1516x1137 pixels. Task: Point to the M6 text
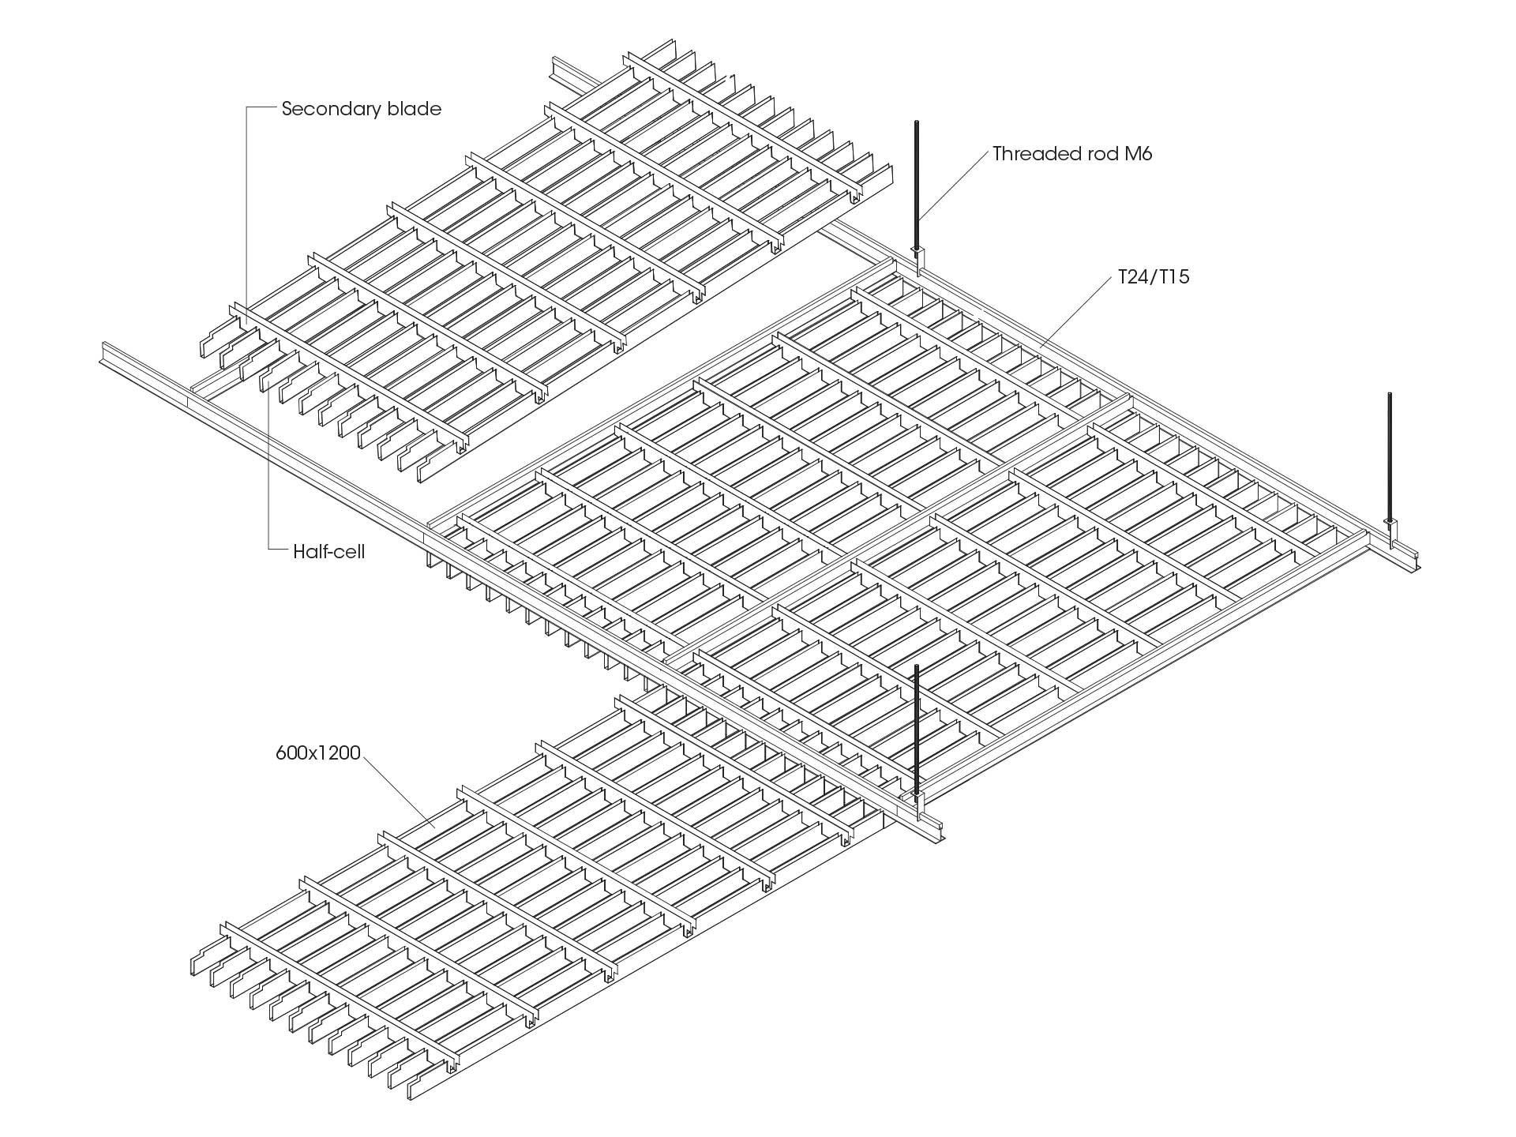click(x=1138, y=154)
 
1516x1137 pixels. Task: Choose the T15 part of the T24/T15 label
click(x=1173, y=277)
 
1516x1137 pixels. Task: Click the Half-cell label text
click(x=328, y=551)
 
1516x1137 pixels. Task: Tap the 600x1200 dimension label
click(x=317, y=753)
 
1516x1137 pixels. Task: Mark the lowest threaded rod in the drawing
click(x=917, y=726)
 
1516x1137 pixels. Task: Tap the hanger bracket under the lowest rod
click(x=917, y=797)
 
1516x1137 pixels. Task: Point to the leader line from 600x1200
click(x=399, y=790)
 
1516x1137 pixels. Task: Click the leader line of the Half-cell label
click(x=269, y=474)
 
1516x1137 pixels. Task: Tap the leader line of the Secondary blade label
click(x=246, y=213)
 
